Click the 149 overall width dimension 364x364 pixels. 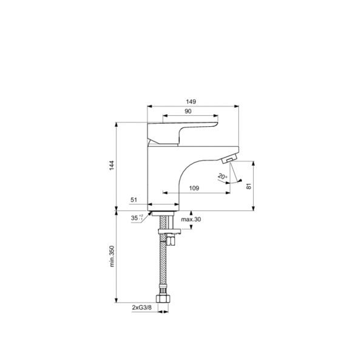(191, 102)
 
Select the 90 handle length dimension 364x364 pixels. (188, 112)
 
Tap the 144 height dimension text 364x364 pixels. (112, 165)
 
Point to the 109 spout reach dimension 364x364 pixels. (194, 188)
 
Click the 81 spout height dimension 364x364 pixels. (249, 186)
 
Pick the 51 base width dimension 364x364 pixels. (134, 200)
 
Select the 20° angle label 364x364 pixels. (223, 177)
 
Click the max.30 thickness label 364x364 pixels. (191, 220)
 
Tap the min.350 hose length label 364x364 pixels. (112, 256)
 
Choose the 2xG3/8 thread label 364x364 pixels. (141, 308)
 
